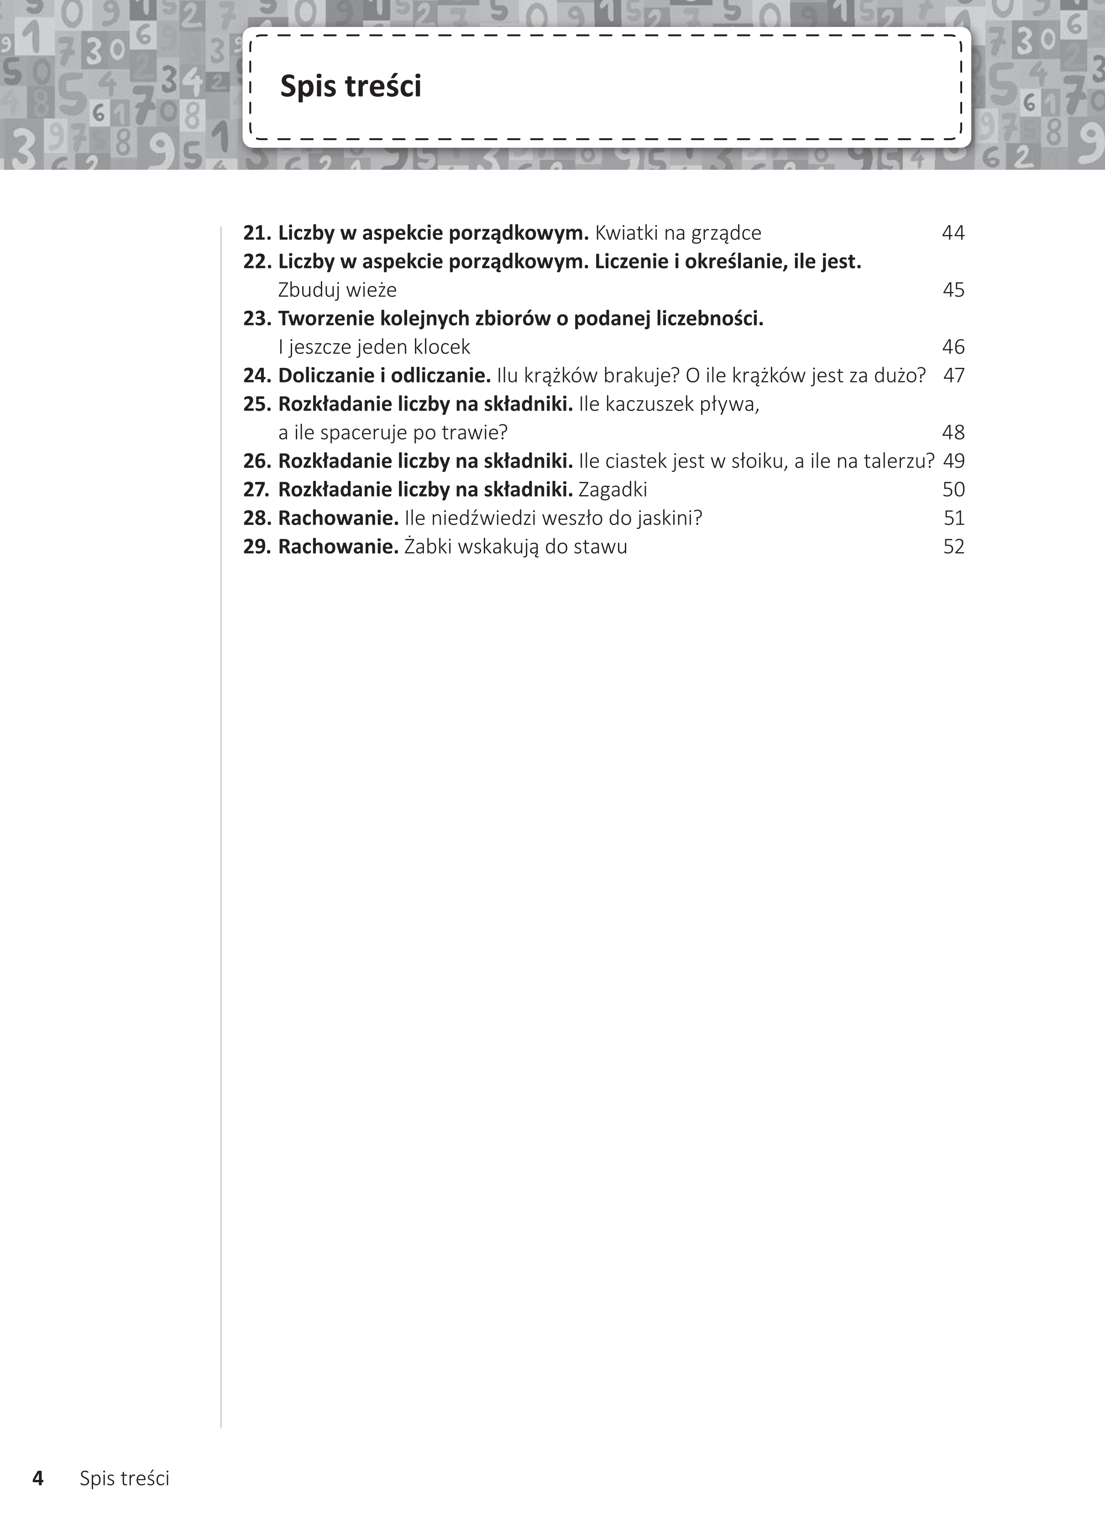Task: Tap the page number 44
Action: (953, 233)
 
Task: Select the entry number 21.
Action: (257, 233)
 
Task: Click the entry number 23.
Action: (257, 319)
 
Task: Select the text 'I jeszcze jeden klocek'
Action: (374, 347)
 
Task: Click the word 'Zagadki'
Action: (613, 490)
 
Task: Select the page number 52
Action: (953, 547)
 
